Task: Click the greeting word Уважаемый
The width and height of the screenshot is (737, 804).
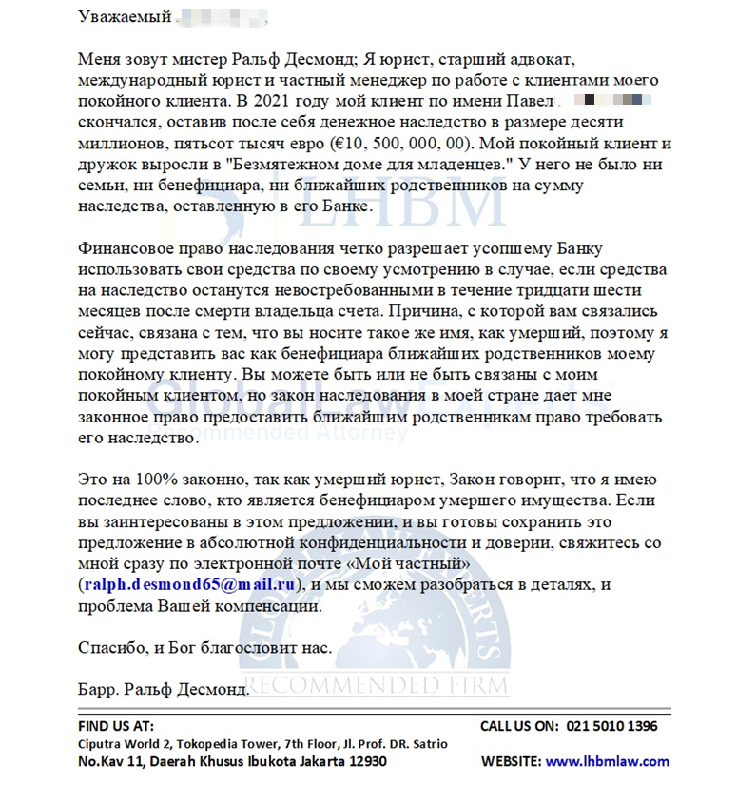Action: click(125, 17)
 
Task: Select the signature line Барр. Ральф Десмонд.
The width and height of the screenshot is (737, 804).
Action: click(163, 688)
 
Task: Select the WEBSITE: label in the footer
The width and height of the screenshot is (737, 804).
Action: click(511, 761)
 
